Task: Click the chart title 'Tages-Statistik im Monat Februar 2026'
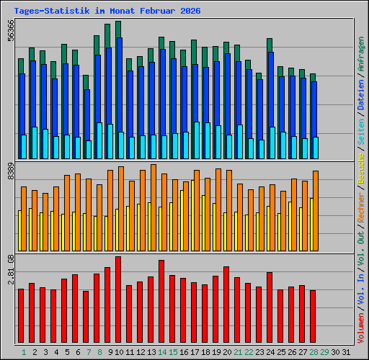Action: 107,12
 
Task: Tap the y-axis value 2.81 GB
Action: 10,269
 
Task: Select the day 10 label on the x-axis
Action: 120,352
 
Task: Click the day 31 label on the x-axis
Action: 347,352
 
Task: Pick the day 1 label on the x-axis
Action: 23,352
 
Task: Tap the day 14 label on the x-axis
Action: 163,352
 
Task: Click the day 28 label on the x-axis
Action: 314,352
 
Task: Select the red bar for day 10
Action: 118,300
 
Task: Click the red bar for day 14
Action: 161,302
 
